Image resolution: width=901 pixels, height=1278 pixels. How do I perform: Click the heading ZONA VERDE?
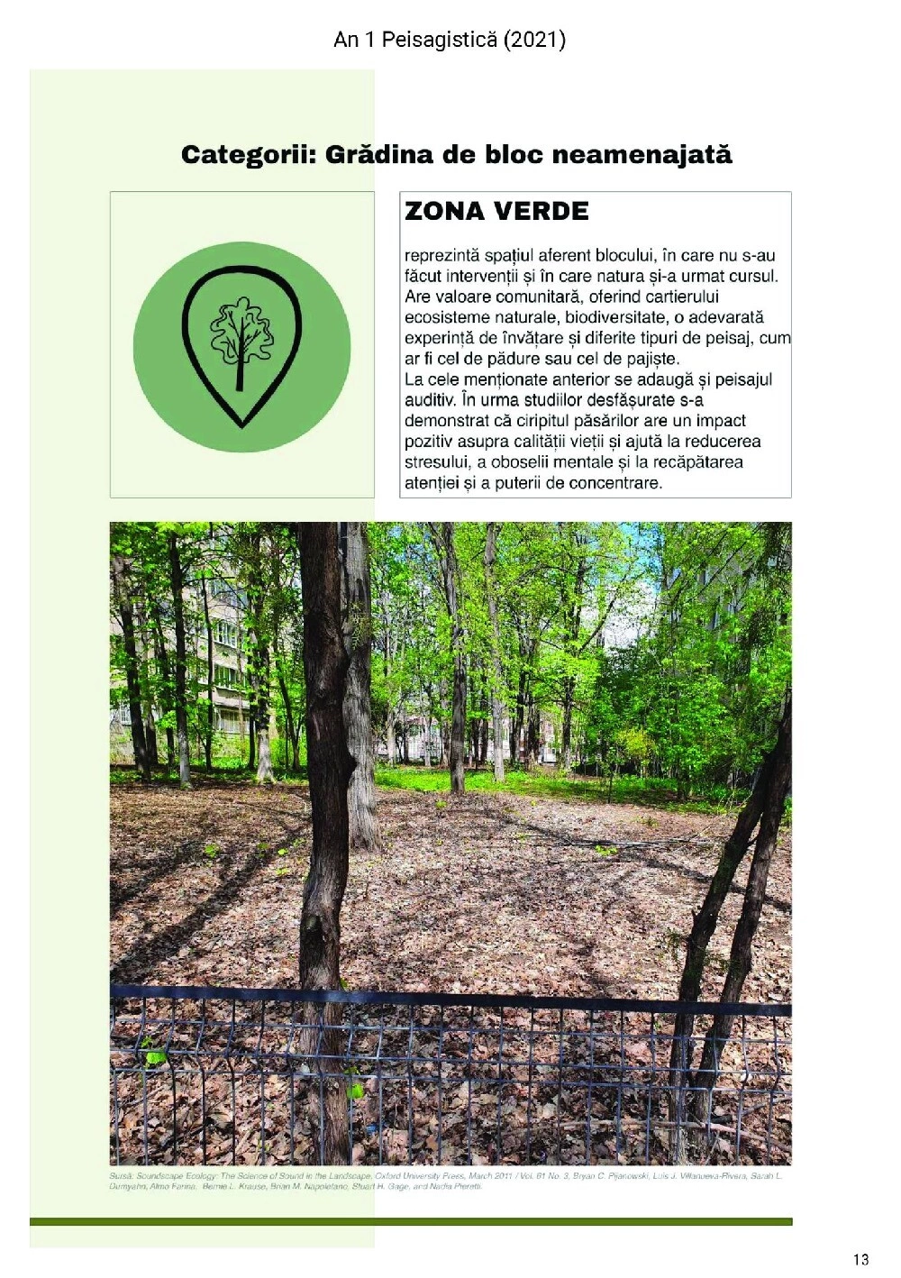(496, 212)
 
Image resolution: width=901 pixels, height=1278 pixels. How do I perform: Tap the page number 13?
(860, 1259)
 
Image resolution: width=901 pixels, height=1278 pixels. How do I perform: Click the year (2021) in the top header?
(535, 40)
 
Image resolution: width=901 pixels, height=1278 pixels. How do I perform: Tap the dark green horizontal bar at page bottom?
(411, 1221)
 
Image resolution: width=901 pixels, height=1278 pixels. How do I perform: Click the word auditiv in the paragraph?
(429, 400)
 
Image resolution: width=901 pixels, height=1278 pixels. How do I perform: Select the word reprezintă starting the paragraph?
(441, 255)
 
